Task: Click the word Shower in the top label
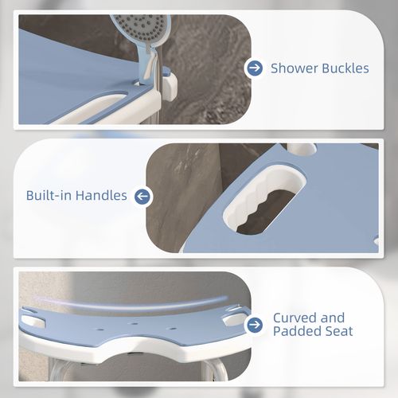tap(295, 68)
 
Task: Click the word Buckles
tap(345, 68)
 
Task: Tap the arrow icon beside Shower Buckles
tap(255, 68)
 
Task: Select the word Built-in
tap(49, 195)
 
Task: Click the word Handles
tap(101, 195)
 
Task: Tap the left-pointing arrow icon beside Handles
tap(142, 197)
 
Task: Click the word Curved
tap(294, 318)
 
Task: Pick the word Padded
tap(296, 331)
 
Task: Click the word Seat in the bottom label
tap(338, 331)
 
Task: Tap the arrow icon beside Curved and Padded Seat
tap(255, 325)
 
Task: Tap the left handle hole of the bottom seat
tap(33, 321)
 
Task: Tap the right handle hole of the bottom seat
tap(235, 319)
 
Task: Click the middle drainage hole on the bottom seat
tap(135, 324)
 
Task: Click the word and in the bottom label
tap(332, 318)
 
